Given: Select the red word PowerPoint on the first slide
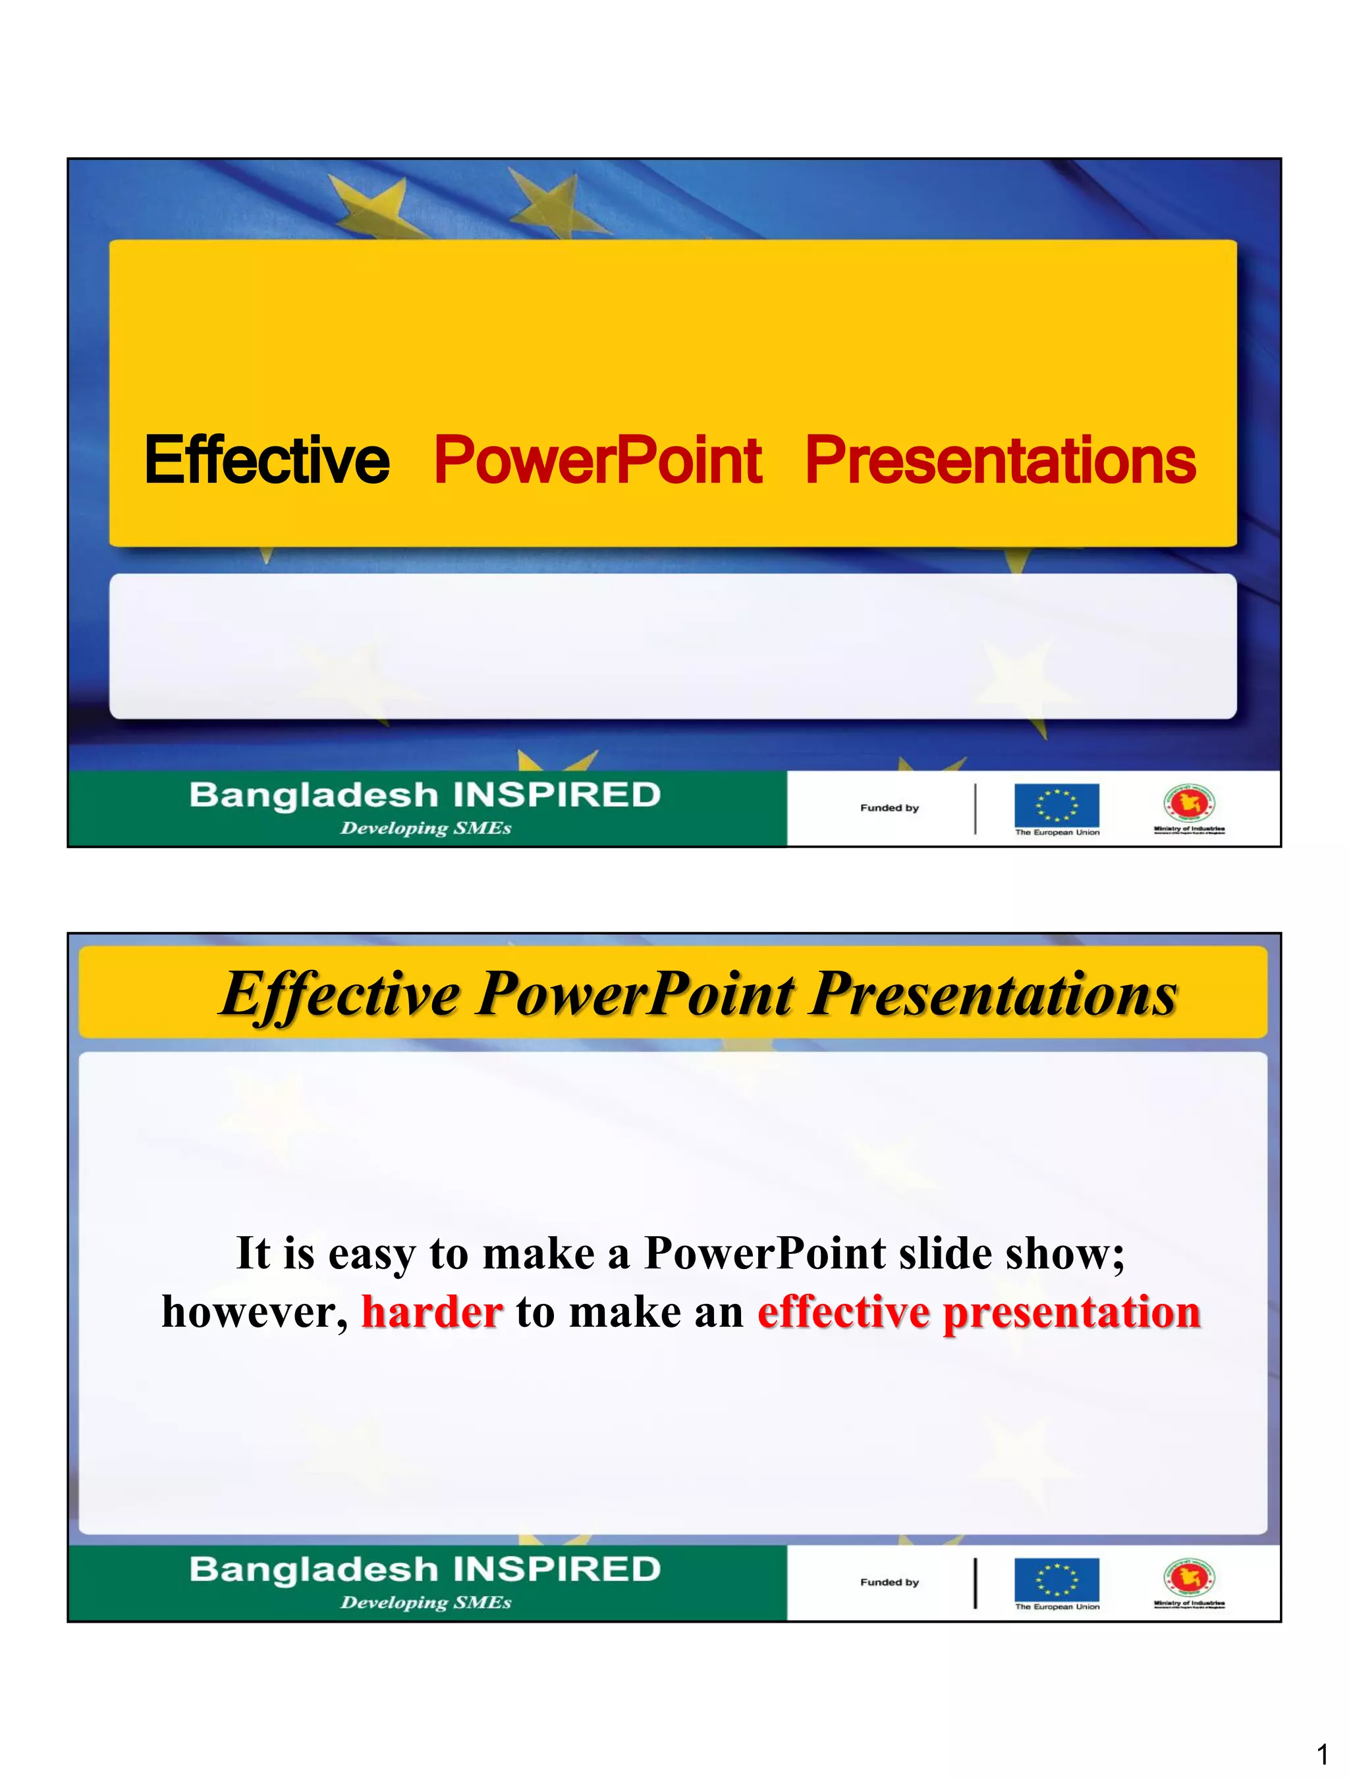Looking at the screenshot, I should tap(597, 460).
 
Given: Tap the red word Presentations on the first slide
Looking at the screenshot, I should tap(1001, 460).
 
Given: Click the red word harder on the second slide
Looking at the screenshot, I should tap(432, 1312).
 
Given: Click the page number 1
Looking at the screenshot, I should tap(1321, 1754).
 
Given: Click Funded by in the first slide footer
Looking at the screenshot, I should tap(889, 808).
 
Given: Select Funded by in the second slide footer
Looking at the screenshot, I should tap(889, 1582).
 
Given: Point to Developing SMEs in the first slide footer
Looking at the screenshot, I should tap(426, 828).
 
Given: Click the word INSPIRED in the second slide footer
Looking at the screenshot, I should tap(556, 1570).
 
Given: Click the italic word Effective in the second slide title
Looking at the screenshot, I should tap(340, 994).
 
